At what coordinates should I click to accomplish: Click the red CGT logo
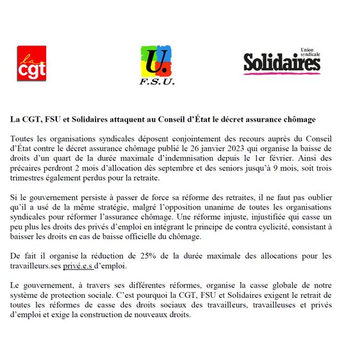31,63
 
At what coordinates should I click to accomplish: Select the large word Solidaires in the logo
281,62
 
